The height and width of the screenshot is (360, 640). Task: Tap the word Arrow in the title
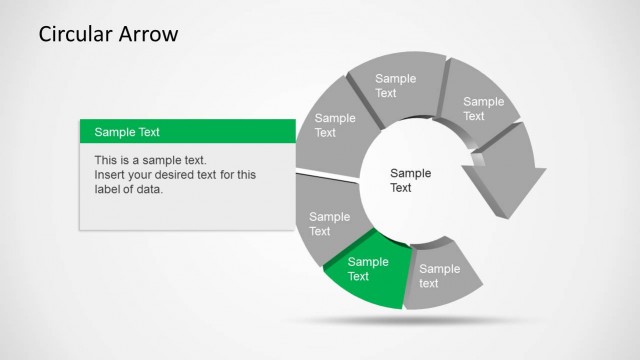[150, 34]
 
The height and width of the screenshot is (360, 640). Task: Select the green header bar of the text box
[187, 131]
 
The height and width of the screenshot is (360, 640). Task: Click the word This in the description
[107, 160]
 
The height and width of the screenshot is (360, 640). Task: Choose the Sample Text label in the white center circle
[409, 180]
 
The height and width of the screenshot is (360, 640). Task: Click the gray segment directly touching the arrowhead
[481, 106]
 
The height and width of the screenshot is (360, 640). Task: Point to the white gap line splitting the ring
[328, 175]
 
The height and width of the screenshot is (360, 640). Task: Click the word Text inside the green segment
[358, 277]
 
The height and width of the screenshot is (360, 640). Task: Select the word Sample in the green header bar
[113, 132]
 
